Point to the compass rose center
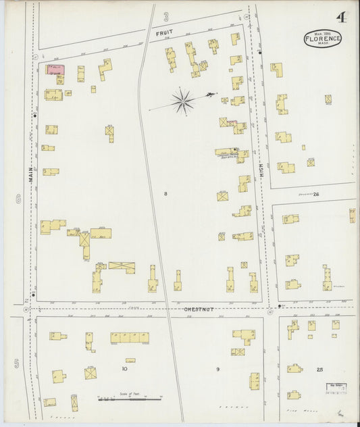point(182,101)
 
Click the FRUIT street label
point(164,32)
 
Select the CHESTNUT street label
point(200,309)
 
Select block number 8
point(165,194)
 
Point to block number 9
point(217,369)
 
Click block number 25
point(319,370)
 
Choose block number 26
point(316,194)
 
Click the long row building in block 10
point(130,337)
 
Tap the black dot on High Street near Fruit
point(260,52)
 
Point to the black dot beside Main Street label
point(34,116)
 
